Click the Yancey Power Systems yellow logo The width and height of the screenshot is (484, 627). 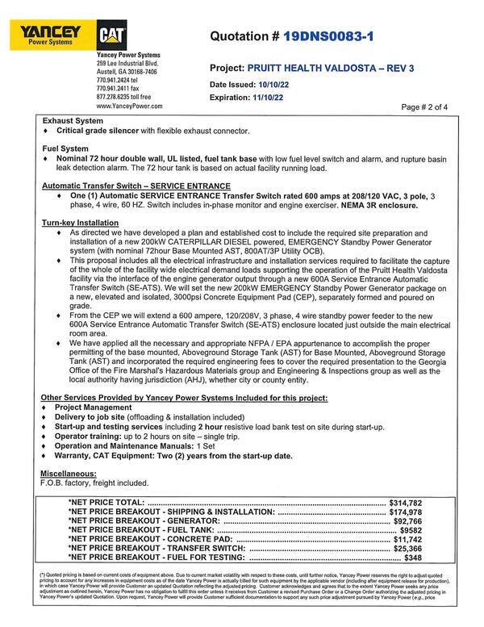pos(45,35)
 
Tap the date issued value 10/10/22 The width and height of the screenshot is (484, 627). pos(274,84)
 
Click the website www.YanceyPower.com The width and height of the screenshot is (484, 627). pos(129,106)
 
